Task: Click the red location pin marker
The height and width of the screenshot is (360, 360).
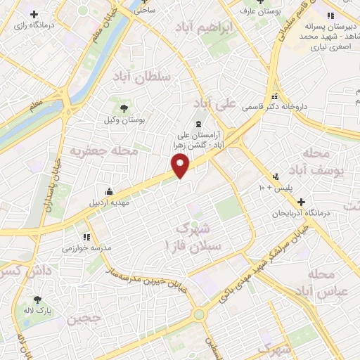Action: tap(181, 166)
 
